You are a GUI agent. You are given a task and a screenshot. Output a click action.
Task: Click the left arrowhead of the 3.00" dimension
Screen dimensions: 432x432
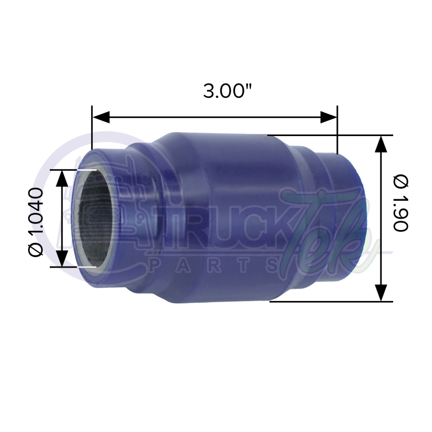101,117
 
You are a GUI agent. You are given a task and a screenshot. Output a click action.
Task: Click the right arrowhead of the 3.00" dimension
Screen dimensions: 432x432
328,117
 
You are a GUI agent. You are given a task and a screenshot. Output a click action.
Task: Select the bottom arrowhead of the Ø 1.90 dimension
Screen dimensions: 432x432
381,292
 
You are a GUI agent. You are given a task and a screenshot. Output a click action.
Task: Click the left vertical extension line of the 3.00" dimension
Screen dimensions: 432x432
92,128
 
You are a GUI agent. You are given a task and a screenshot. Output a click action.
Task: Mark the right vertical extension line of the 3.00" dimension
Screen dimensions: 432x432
337,130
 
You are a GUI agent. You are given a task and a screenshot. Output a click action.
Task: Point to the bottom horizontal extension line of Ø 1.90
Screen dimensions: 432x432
331,301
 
